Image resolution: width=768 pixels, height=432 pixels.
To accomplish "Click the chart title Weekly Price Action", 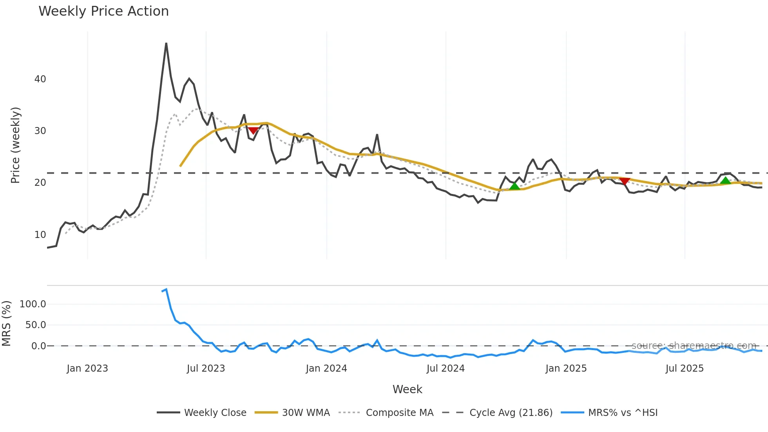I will [103, 11].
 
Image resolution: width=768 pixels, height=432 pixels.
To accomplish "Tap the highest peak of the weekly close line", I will [166, 44].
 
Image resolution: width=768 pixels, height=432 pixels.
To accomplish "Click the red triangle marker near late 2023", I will [253, 130].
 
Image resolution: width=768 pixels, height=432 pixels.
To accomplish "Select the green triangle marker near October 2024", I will [515, 186].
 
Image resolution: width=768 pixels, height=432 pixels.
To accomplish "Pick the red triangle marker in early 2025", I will [625, 181].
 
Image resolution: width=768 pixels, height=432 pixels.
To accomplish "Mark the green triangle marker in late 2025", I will [726, 180].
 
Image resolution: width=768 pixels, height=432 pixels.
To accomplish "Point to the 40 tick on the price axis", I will [40, 79].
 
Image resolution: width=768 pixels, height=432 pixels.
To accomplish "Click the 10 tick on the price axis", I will [40, 235].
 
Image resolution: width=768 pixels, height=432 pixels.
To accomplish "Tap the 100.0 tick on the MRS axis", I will [33, 304].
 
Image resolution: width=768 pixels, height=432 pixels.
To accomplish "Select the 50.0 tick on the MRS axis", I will [36, 325].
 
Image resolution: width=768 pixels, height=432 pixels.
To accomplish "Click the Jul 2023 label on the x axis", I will [206, 368].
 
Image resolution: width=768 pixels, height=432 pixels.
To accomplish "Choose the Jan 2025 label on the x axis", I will [566, 368].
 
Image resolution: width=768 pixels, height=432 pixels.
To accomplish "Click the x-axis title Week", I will [407, 389].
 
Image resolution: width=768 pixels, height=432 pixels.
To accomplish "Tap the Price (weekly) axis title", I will [15, 145].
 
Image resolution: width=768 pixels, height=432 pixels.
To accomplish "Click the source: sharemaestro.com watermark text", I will [694, 345].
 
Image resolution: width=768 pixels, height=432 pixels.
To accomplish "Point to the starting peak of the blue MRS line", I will [167, 289].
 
